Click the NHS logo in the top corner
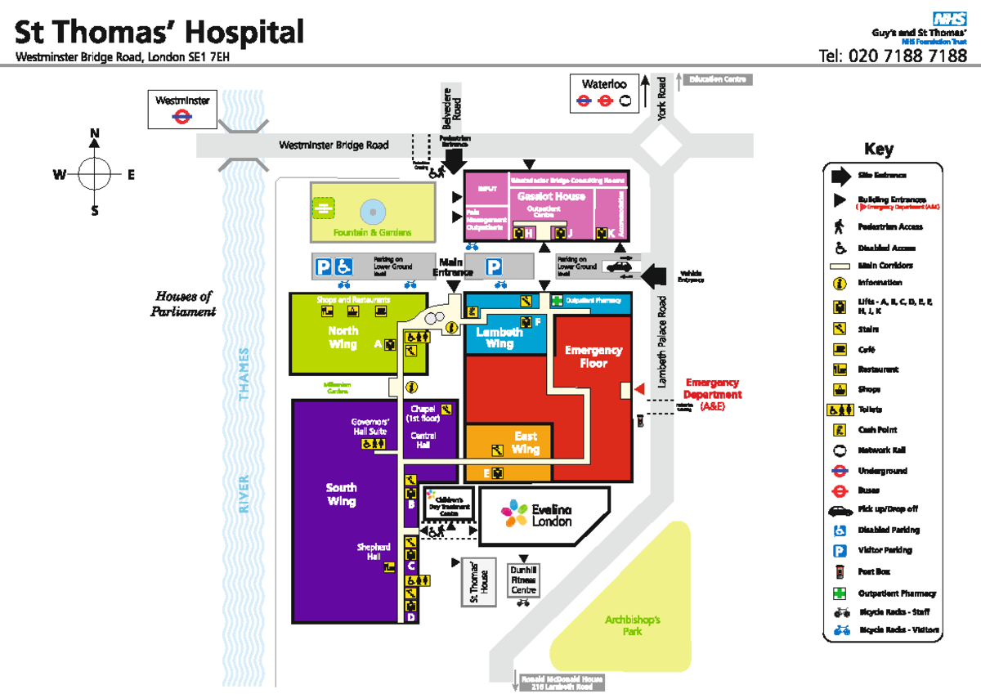[x=950, y=17]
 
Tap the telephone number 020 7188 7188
[x=893, y=56]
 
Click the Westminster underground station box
[x=182, y=109]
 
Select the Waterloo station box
[x=604, y=93]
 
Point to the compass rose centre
[x=95, y=172]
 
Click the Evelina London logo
[x=539, y=515]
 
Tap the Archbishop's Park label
[x=632, y=625]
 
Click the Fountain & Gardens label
[x=372, y=233]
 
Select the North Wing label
[x=343, y=338]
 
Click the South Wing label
[x=341, y=494]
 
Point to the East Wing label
[x=526, y=443]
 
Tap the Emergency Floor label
[x=594, y=356]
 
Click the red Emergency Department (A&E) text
[x=712, y=394]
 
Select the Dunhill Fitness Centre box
[x=523, y=579]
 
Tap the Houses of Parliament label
[x=184, y=303]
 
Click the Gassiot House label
[x=551, y=196]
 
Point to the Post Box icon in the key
[x=838, y=572]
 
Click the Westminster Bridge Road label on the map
[x=334, y=146]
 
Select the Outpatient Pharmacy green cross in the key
[x=838, y=593]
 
